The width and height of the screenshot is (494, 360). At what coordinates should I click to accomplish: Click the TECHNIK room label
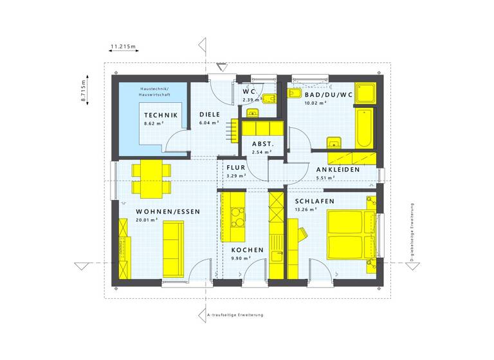161,114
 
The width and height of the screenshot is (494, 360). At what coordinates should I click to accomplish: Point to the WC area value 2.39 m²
250,100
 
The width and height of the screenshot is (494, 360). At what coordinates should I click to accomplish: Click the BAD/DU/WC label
329,94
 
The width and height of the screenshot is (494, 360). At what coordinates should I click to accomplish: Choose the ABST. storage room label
262,144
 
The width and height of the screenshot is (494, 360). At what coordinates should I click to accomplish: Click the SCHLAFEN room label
315,201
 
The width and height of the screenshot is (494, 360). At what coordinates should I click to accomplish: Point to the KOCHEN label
247,249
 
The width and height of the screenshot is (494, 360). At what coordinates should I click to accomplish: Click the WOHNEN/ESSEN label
168,212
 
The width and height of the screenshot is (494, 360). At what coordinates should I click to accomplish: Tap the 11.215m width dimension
123,46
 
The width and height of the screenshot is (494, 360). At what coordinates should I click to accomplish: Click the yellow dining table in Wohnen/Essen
152,179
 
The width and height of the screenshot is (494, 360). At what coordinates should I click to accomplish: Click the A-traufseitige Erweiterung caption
235,315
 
